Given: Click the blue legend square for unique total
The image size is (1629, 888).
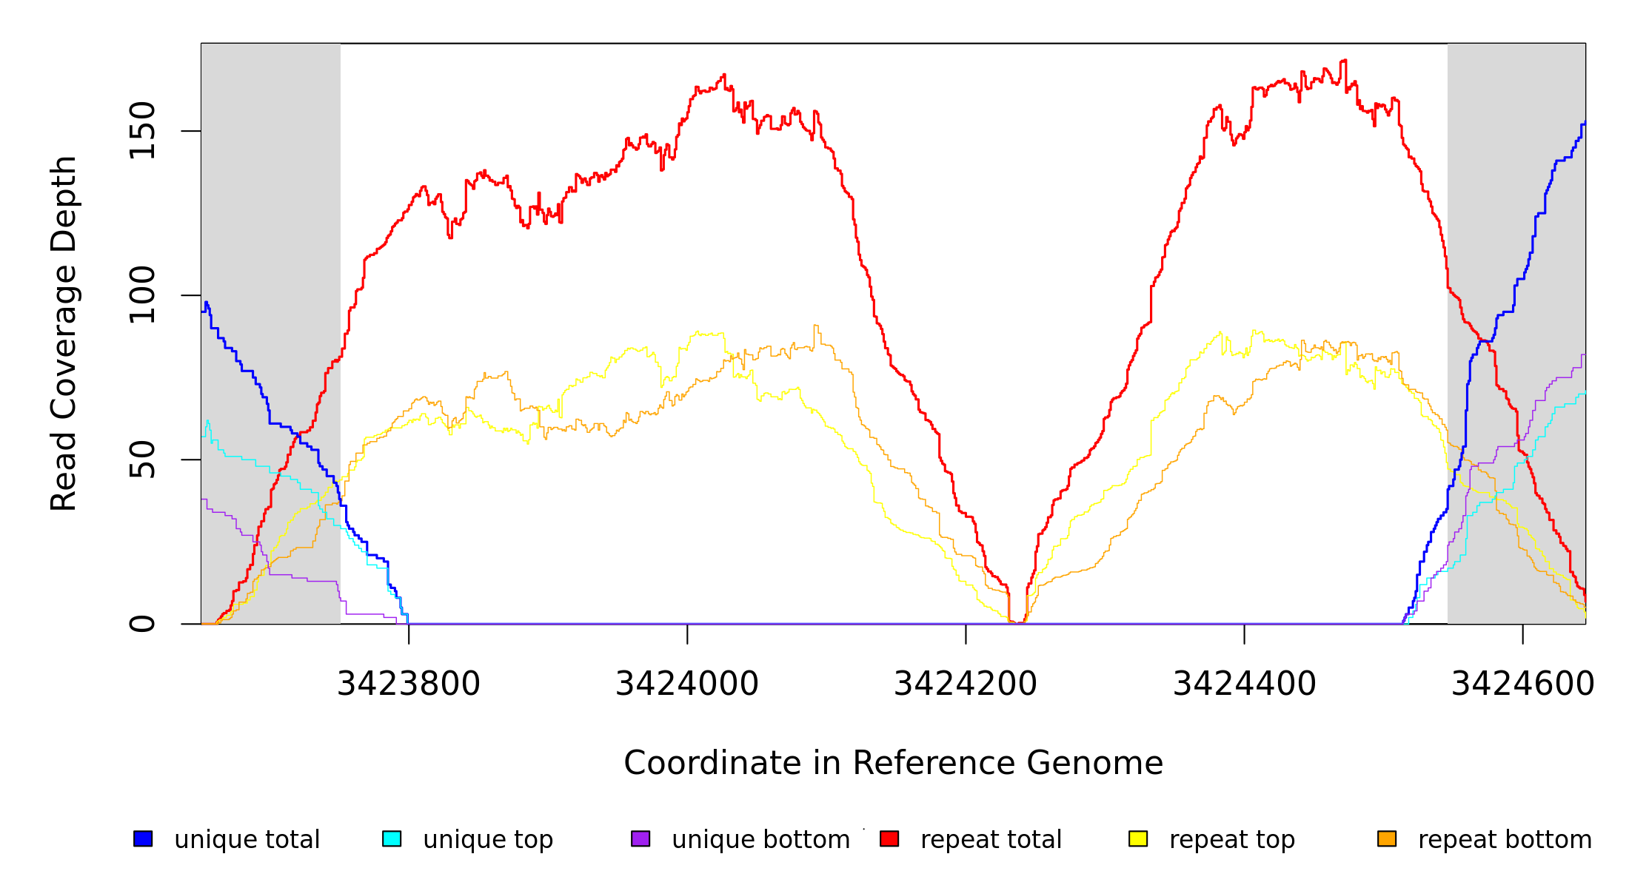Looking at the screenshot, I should pyautogui.click(x=143, y=838).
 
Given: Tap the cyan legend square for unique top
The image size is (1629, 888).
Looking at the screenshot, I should pyautogui.click(x=392, y=838).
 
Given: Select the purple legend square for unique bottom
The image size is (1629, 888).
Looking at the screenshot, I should pyautogui.click(x=640, y=838).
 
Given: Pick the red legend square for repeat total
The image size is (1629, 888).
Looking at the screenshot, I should pyautogui.click(x=889, y=838).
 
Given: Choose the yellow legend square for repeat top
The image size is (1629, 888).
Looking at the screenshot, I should pyautogui.click(x=1138, y=838).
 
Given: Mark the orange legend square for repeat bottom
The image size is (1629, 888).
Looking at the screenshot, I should pyautogui.click(x=1387, y=838).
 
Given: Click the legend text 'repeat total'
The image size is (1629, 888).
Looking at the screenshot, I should pyautogui.click(x=991, y=840).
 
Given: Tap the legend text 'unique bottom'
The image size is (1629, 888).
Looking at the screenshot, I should pyautogui.click(x=760, y=840).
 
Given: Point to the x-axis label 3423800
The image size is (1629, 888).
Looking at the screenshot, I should pyautogui.click(x=409, y=684).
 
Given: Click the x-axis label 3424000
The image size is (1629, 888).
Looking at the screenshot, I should pyautogui.click(x=687, y=684).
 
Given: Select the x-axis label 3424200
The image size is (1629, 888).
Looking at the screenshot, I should pyautogui.click(x=966, y=684).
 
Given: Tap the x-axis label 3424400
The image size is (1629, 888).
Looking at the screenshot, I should pyautogui.click(x=1244, y=684).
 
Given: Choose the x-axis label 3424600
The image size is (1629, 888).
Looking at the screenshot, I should pyautogui.click(x=1522, y=684).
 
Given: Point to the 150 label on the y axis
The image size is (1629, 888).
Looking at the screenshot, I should pyautogui.click(x=142, y=131).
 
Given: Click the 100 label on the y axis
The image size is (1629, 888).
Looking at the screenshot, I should pyautogui.click(x=142, y=295).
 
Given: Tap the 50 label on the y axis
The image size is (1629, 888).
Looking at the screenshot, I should pyautogui.click(x=142, y=460).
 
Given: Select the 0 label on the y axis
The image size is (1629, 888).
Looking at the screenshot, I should pyautogui.click(x=142, y=624).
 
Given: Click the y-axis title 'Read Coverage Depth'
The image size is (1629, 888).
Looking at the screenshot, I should pyautogui.click(x=64, y=333).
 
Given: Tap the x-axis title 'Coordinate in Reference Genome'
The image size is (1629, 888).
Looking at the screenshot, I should pyautogui.click(x=893, y=763).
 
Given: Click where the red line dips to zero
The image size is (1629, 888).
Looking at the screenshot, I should pyautogui.click(x=1017, y=622).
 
